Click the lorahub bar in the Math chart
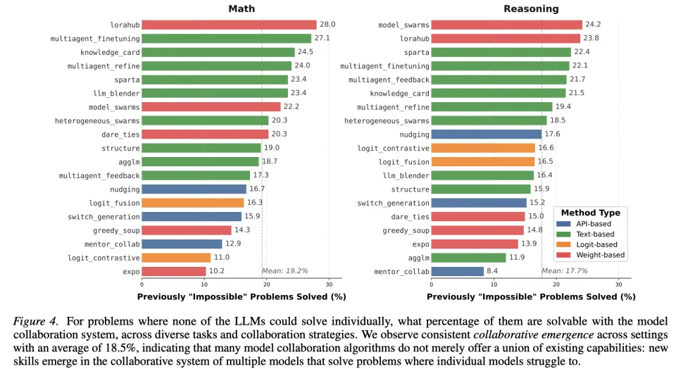click(x=229, y=25)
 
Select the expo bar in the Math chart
click(x=174, y=271)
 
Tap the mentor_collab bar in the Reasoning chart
click(x=457, y=271)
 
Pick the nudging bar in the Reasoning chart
click(x=486, y=134)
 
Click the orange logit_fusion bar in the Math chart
click(x=193, y=203)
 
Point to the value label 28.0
click(x=328, y=25)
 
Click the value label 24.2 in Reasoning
click(x=594, y=25)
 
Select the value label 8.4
click(x=494, y=271)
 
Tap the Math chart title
click(x=242, y=9)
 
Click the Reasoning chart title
click(x=530, y=9)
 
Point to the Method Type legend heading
click(x=590, y=212)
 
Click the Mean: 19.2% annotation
click(x=286, y=271)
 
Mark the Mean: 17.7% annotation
click(x=565, y=271)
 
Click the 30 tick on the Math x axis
click(x=329, y=284)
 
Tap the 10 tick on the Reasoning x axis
click(x=493, y=284)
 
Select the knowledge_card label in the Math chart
click(x=110, y=52)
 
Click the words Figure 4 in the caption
click(x=32, y=320)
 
